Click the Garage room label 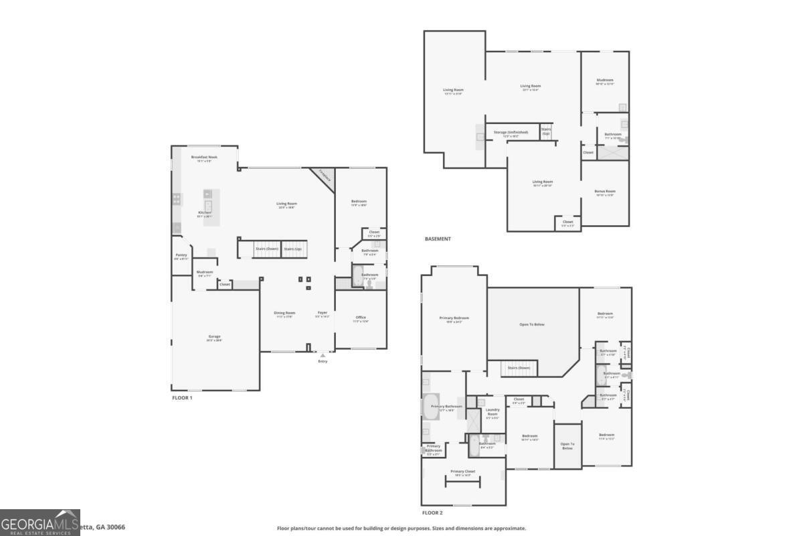(x=214, y=336)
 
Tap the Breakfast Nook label (x=204, y=157)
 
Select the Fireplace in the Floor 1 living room (x=325, y=176)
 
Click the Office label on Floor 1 (x=361, y=317)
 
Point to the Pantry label (x=181, y=255)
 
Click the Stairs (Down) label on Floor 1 (x=266, y=249)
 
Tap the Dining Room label (x=284, y=312)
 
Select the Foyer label (x=323, y=312)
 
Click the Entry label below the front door (x=323, y=361)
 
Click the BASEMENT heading (x=438, y=239)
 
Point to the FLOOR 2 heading (x=432, y=513)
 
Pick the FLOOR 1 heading (x=182, y=397)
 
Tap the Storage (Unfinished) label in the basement (x=511, y=132)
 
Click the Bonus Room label (x=605, y=191)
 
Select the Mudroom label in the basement (x=605, y=80)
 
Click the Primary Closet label (x=462, y=471)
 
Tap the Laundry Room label (x=493, y=411)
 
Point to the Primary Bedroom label (x=454, y=318)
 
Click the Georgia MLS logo (x=40, y=523)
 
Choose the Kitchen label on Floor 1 (x=204, y=212)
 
